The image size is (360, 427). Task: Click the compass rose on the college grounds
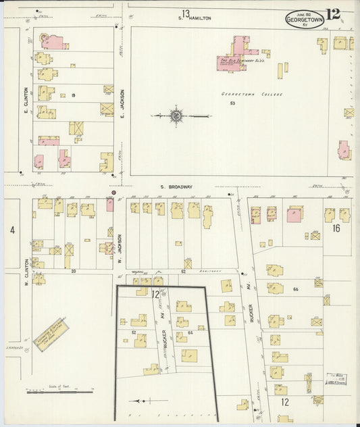click(x=176, y=116)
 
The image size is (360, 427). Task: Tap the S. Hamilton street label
click(x=196, y=18)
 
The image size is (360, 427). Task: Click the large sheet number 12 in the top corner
click(x=333, y=14)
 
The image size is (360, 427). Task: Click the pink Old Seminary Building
click(x=234, y=61)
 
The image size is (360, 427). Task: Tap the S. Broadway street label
click(x=177, y=186)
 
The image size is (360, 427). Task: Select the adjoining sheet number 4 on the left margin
click(x=12, y=230)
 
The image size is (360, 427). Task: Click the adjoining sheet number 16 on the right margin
click(x=336, y=228)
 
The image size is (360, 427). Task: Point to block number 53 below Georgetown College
click(x=232, y=103)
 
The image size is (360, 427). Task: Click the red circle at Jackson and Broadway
click(x=113, y=193)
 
